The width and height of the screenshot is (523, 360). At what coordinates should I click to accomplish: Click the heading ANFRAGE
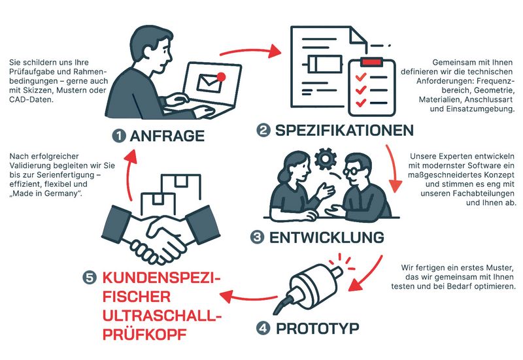pos(167,136)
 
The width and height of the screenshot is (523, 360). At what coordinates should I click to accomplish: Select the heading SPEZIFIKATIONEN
pos(345,130)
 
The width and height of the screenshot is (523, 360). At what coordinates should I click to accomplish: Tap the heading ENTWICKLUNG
pos(326,237)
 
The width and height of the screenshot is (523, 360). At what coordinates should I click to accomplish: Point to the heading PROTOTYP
pos(318,329)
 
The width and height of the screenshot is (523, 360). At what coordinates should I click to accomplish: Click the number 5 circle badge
pos(90,278)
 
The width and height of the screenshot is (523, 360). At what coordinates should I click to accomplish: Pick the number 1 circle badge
pos(119,136)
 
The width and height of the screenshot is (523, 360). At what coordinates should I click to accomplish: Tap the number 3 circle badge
pos(257,237)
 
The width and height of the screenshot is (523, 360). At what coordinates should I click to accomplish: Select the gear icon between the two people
pos(326,159)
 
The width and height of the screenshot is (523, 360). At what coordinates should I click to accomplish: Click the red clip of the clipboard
pos(371,61)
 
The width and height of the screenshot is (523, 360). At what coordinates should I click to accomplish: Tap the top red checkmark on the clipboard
pos(361,76)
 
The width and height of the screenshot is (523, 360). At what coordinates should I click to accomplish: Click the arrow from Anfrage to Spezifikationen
pos(251,52)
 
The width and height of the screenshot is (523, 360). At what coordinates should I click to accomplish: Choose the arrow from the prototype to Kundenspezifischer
pos(249,296)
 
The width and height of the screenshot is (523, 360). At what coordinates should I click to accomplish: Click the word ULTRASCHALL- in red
pos(162,316)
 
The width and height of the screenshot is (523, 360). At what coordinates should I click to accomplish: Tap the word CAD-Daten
pos(31,99)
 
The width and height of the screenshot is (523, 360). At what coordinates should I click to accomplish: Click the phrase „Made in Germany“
pos(46,193)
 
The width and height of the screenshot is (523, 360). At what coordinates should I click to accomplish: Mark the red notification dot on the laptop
pos(221,77)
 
